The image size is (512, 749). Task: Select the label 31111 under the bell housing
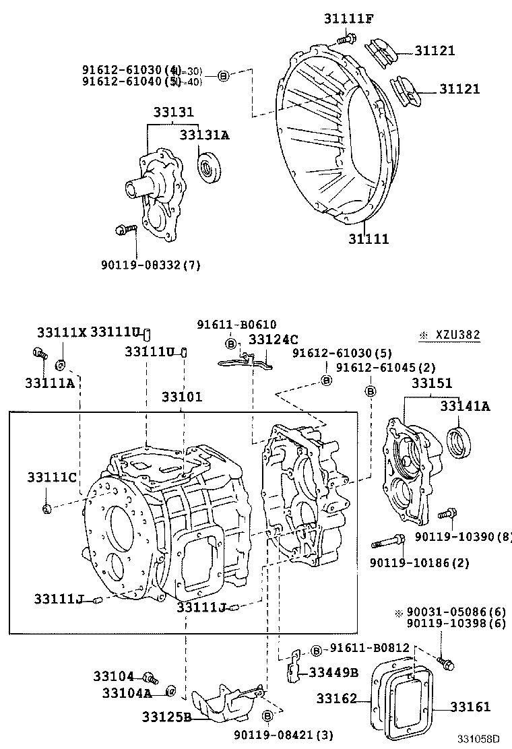[x=369, y=238]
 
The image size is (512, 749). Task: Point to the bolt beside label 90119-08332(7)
[x=125, y=230]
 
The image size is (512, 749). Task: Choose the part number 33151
[x=432, y=383]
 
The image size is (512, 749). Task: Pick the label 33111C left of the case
[x=51, y=478]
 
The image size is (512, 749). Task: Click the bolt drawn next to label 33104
[x=149, y=677]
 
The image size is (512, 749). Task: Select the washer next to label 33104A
[x=171, y=690]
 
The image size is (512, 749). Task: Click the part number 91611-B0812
[x=370, y=648]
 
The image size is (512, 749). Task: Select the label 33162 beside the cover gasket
[x=338, y=699]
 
